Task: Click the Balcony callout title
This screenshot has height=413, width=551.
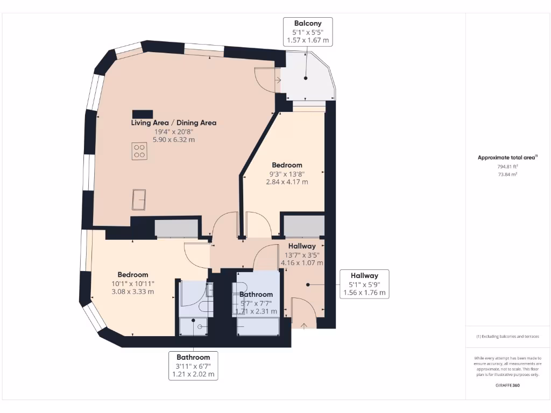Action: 308,23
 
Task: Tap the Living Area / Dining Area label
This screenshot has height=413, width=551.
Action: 174,123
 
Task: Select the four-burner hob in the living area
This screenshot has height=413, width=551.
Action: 140,151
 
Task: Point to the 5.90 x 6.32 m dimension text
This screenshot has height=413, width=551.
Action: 174,139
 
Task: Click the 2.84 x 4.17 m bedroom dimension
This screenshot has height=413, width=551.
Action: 287,182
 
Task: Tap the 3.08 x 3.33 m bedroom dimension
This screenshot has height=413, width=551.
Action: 133,291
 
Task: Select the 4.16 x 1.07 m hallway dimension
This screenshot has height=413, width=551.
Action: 302,263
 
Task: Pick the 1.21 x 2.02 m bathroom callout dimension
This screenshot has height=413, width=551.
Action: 193,374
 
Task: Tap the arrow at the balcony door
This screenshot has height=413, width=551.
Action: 278,80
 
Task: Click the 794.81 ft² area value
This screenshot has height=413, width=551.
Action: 508,167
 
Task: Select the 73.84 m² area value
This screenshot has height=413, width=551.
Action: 508,174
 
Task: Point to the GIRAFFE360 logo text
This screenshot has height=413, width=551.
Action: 508,385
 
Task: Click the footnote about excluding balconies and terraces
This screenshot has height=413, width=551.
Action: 508,337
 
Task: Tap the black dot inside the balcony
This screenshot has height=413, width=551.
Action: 306,79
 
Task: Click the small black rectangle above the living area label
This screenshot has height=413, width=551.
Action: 142,113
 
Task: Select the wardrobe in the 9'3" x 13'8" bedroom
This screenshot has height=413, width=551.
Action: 304,225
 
